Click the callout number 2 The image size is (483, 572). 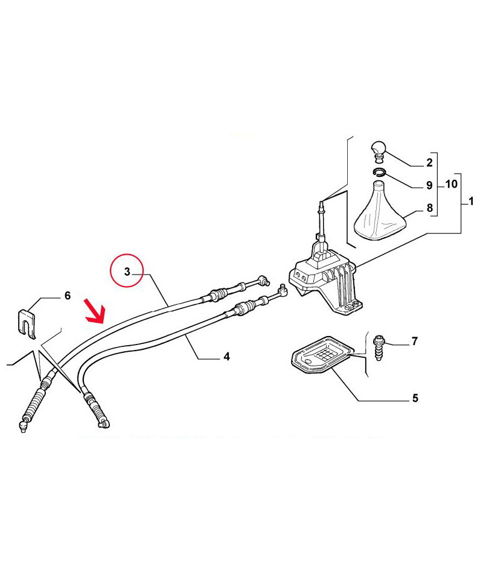(x=429, y=163)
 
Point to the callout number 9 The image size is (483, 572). (x=429, y=185)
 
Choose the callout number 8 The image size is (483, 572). (x=430, y=208)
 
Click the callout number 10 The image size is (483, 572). (x=451, y=184)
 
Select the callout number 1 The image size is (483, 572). (x=471, y=201)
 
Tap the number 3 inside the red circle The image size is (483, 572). (x=127, y=272)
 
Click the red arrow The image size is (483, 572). (x=95, y=311)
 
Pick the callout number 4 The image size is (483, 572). (x=227, y=357)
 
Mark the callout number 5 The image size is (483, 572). (x=415, y=398)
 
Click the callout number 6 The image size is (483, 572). (x=68, y=296)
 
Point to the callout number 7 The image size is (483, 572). (x=414, y=341)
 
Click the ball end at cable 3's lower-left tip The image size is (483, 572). (x=23, y=426)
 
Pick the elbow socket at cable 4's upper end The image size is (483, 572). (x=283, y=290)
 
